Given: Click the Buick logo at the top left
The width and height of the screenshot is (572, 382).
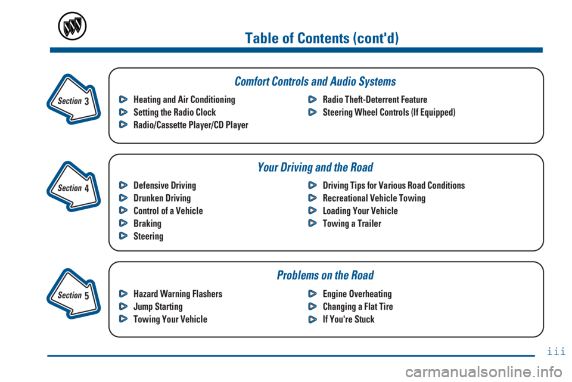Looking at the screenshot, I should [x=72, y=26].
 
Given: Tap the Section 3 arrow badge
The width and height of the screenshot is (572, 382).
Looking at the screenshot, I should [x=72, y=100].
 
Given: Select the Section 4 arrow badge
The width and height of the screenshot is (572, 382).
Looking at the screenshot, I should [x=72, y=187].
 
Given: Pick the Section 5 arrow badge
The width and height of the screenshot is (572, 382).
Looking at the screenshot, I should [x=72, y=294].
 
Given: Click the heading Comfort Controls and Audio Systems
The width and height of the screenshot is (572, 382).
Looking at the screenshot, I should [x=315, y=81].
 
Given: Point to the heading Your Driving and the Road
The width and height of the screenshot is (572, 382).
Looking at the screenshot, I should [x=315, y=167].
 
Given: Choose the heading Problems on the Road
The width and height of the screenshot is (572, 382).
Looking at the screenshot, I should [x=325, y=275].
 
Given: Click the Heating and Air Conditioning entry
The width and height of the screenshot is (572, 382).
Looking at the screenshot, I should [x=184, y=100].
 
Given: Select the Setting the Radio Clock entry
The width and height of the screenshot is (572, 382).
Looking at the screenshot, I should [x=175, y=112].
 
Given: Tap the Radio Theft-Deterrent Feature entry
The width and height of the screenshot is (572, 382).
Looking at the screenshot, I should [x=375, y=100].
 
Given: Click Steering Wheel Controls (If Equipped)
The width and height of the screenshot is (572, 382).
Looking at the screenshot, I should [x=389, y=112].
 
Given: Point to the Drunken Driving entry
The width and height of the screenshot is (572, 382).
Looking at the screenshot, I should [x=162, y=198].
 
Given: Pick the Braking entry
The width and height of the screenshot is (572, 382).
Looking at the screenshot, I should [x=147, y=223].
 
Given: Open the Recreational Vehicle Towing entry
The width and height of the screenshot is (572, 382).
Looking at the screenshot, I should [x=374, y=198].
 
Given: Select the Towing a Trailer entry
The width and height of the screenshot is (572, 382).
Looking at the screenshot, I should [x=352, y=223].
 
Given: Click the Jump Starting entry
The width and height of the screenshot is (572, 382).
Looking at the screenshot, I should [x=158, y=306].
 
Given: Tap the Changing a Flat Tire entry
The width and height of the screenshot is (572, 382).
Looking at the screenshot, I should [x=357, y=306].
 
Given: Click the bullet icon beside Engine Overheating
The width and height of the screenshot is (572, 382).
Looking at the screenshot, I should [x=312, y=294].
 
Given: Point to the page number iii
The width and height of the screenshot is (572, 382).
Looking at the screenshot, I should [x=556, y=352].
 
